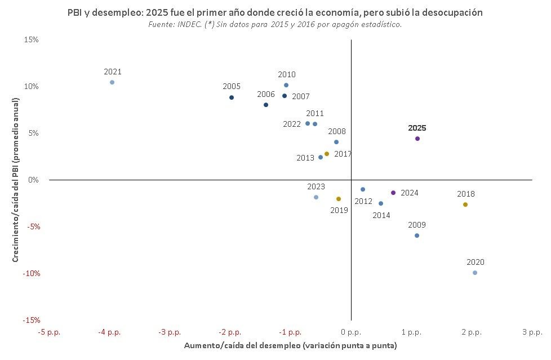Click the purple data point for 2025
pyautogui.click(x=417, y=139)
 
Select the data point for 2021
pyautogui.click(x=112, y=82)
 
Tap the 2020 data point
pyautogui.click(x=475, y=273)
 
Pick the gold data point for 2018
pyautogui.click(x=465, y=205)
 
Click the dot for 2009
pyautogui.click(x=417, y=235)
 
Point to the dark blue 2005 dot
pyautogui.click(x=232, y=97)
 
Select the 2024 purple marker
pyautogui.click(x=393, y=193)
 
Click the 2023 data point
pyautogui.click(x=316, y=197)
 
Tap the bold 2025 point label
pyautogui.click(x=417, y=128)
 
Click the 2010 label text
pyautogui.click(x=287, y=74)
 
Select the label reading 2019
pyautogui.click(x=339, y=210)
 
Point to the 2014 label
pyautogui.click(x=381, y=215)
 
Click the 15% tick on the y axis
pyautogui.click(x=31, y=39)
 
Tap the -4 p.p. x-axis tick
pyautogui.click(x=109, y=332)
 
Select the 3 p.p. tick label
pyautogui.click(x=532, y=332)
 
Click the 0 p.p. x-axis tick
pyautogui.click(x=351, y=332)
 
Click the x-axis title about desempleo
pyautogui.click(x=291, y=345)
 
